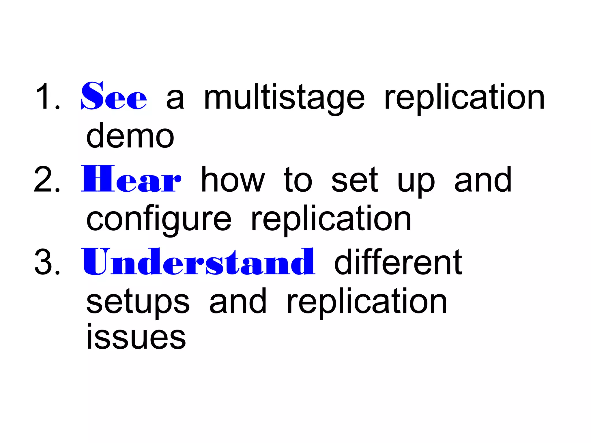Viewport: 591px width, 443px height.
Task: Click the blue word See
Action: tap(114, 96)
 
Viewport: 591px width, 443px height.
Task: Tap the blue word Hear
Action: tap(131, 179)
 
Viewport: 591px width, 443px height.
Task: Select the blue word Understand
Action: tap(199, 261)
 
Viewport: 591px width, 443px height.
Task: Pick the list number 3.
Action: tap(47, 262)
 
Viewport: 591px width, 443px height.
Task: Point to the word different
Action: tap(398, 262)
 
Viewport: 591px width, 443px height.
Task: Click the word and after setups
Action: tap(238, 301)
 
